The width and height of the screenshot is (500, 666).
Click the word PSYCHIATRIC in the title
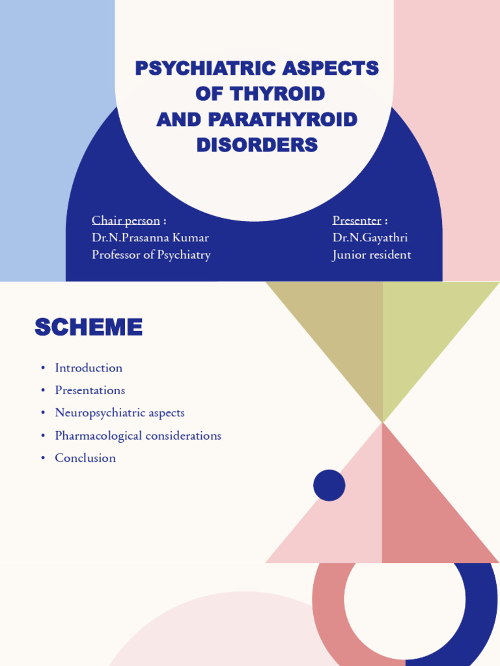[x=202, y=68]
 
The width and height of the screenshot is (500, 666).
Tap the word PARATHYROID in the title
[x=283, y=120]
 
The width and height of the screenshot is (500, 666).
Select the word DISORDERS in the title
[x=257, y=145]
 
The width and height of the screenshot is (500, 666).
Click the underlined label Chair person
[x=126, y=220]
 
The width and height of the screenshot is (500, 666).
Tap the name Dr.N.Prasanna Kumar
[x=150, y=237]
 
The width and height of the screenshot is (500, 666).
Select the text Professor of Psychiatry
[x=151, y=255]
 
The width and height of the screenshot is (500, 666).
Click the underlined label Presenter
[x=357, y=220]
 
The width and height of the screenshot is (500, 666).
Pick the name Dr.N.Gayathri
[x=370, y=237]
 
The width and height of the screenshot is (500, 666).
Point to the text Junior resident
[x=372, y=255]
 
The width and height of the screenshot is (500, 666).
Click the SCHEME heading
[x=89, y=328]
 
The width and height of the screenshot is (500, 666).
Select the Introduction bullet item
[x=89, y=368]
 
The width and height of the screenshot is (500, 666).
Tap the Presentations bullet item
[x=90, y=390]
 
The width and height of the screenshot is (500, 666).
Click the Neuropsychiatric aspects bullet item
[x=120, y=413]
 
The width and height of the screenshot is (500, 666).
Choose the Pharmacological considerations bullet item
[x=138, y=436]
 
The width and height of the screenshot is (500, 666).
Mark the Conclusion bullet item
[x=85, y=458]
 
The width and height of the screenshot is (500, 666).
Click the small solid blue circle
[x=329, y=486]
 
